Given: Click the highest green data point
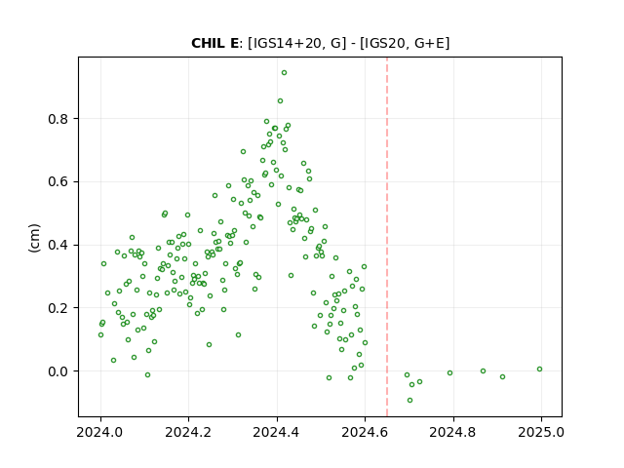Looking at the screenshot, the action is coord(284,73).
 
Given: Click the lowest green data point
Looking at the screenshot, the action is coord(409,401).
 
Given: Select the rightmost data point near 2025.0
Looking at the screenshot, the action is coord(539,370).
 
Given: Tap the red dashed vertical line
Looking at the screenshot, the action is coord(387,237).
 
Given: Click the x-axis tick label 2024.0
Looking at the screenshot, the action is coord(100,432).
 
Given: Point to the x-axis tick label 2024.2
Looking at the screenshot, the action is coord(188,432).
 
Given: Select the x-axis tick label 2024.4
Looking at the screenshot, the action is coord(277,432).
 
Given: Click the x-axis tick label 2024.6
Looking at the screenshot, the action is coord(365,432).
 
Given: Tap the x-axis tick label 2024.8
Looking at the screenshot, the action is coord(452,432).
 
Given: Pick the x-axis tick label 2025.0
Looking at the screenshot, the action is coord(541,432).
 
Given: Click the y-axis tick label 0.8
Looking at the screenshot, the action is coord(58,119).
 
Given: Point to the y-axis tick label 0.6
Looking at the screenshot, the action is coord(58,182).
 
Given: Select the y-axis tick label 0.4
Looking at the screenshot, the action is coord(58,245).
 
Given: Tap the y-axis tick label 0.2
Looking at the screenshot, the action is coord(58,308).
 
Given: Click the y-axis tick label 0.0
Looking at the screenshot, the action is coord(58,371).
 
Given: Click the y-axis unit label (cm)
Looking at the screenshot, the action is coord(34,238).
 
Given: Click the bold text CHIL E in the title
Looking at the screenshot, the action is coord(214,43).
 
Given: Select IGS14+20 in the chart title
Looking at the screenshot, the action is coord(287,43).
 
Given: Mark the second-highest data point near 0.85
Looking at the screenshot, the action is coord(280,101).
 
